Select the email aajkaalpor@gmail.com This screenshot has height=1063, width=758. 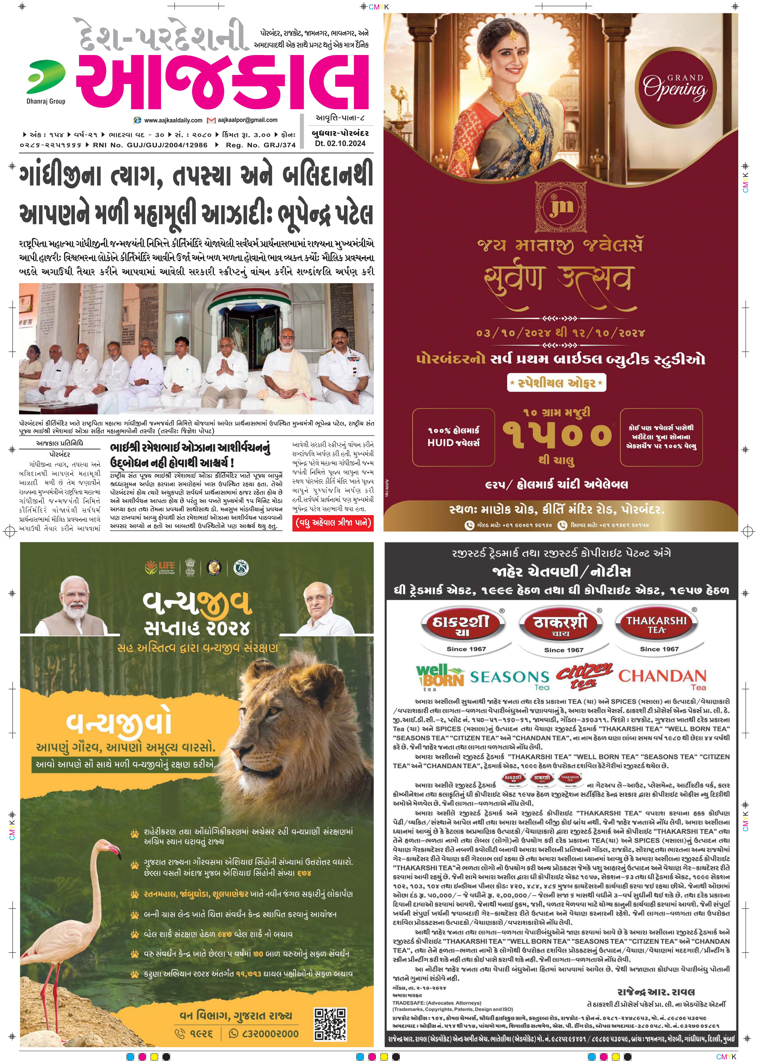[x=247, y=120]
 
